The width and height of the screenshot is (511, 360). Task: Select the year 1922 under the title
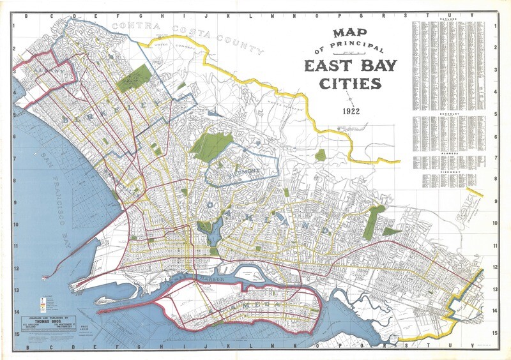point(350,110)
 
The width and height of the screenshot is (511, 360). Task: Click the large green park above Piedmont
point(211,146)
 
